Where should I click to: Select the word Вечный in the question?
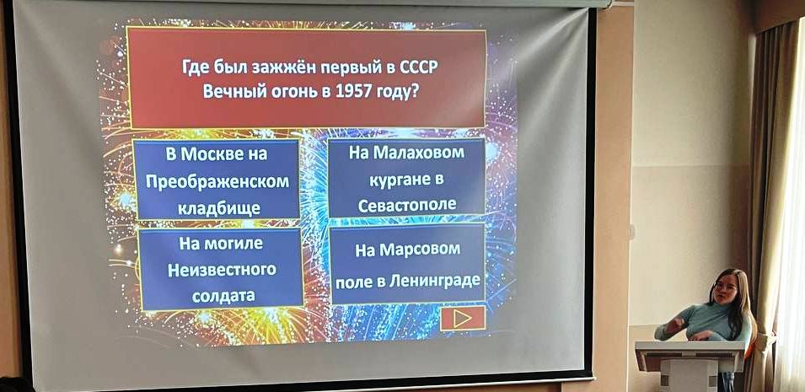pos(230,91)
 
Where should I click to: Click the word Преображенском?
pos(217,182)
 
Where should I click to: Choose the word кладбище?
pos(218,208)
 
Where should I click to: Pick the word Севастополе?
pos(407,205)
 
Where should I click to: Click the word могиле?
pos(233,244)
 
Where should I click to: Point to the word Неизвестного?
pos(222,270)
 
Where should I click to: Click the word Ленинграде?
pos(435,281)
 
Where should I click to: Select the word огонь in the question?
pos(287,92)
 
